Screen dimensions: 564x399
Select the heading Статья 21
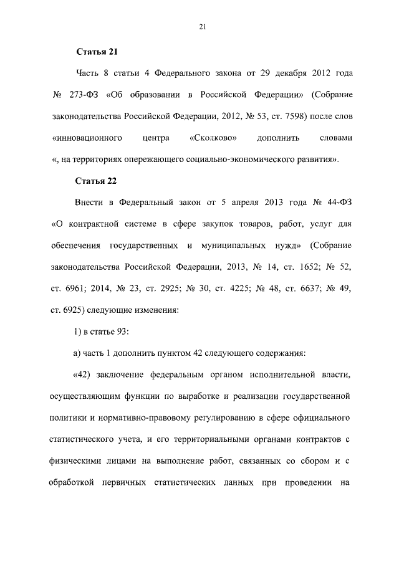click(x=97, y=52)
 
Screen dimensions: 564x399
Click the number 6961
click(x=74, y=288)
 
